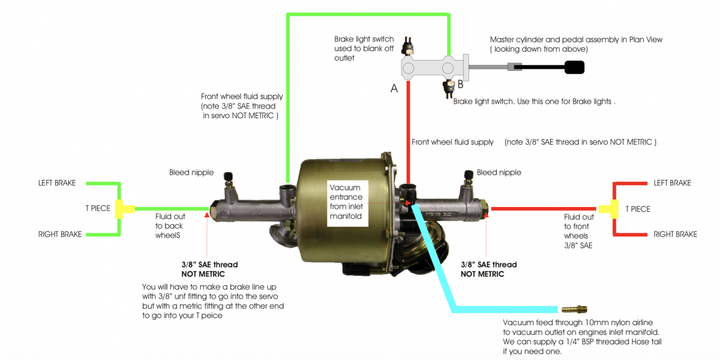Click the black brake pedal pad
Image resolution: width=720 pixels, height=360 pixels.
574,67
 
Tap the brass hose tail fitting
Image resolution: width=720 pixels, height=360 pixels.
574,309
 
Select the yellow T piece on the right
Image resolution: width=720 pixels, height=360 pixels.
609,209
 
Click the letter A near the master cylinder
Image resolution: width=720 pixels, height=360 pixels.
394,88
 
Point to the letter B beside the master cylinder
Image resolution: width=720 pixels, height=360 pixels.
461,84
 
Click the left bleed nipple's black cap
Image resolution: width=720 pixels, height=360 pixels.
228,176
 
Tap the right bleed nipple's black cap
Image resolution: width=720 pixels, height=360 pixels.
469,174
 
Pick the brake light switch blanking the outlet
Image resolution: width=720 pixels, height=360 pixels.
407,46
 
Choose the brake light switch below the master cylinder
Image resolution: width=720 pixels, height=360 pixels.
448,89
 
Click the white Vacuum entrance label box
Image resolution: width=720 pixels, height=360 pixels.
347,203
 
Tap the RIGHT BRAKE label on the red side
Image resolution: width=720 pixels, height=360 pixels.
676,235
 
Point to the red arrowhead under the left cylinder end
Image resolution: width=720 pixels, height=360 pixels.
206,214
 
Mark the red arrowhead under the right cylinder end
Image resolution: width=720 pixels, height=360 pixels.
486,214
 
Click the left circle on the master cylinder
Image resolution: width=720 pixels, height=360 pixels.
408,68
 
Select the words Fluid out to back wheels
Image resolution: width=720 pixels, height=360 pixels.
170,226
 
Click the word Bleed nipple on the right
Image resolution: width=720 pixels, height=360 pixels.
499,173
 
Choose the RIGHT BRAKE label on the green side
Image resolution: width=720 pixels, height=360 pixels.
60,235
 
